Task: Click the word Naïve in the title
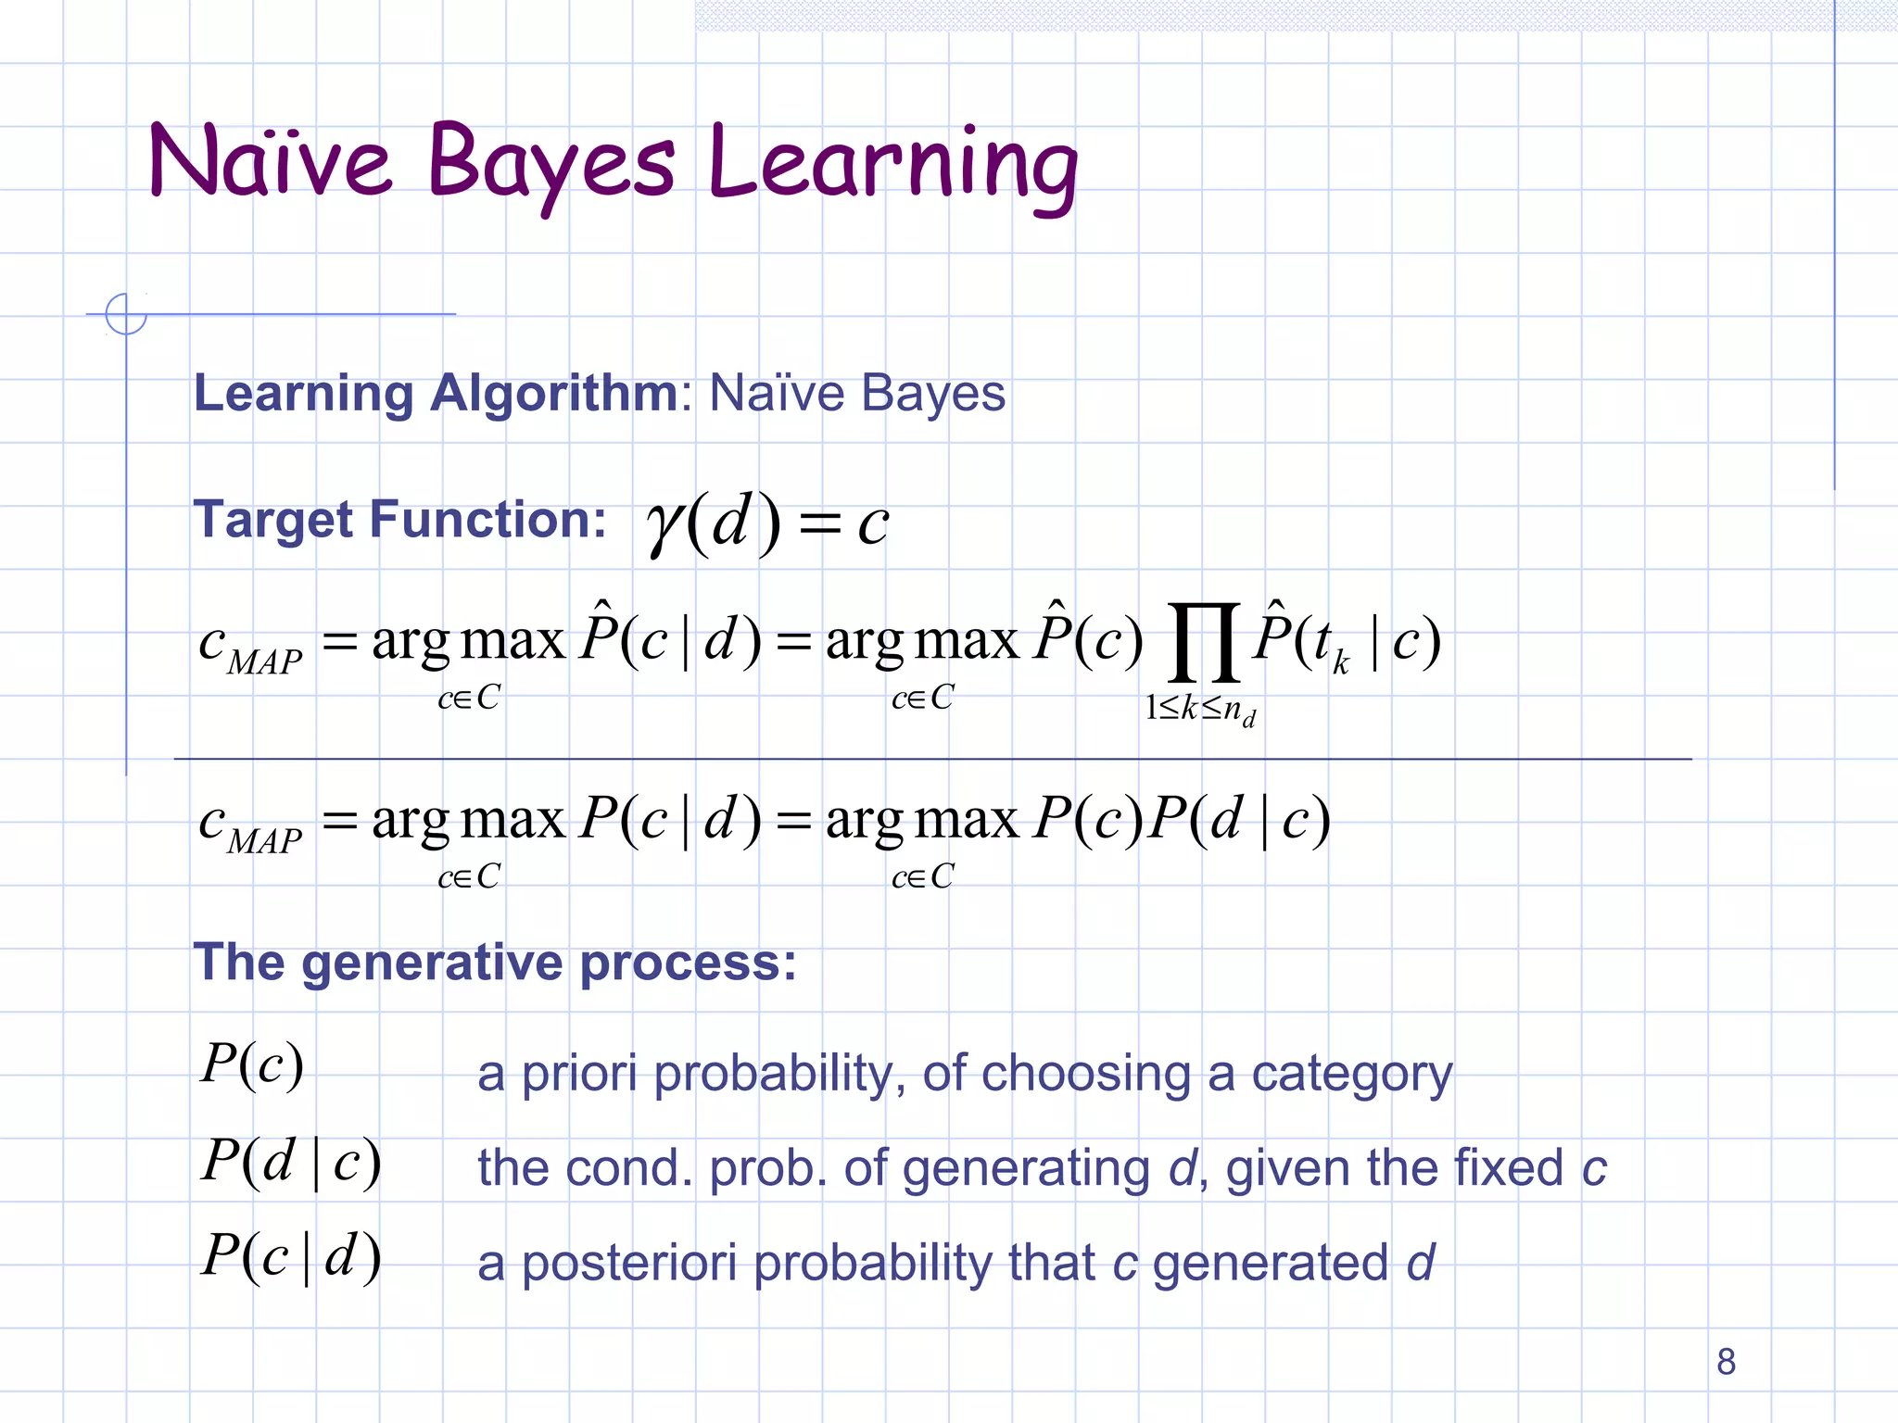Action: click(270, 161)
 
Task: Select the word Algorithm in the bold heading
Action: click(553, 393)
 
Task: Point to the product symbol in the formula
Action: click(1203, 641)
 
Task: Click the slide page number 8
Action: click(1726, 1361)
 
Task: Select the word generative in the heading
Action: click(432, 963)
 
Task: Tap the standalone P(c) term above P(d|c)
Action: click(252, 1064)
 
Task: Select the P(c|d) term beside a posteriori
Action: click(291, 1256)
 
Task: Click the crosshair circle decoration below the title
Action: click(126, 313)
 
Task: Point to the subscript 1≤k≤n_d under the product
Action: click(1200, 710)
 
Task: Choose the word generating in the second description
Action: click(1026, 1169)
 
